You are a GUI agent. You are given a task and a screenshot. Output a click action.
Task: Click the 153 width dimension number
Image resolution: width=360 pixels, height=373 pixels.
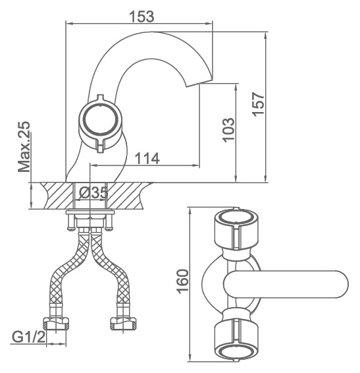tap(141, 16)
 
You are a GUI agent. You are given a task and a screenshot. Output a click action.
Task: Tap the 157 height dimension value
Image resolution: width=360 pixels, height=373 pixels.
tap(258, 104)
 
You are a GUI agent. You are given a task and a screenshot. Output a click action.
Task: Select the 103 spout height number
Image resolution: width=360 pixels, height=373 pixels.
tap(228, 130)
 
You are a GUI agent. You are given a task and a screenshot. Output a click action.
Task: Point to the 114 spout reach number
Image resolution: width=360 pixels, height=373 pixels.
tap(147, 158)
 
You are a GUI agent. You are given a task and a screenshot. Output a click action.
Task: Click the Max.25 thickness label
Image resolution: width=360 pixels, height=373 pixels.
tap(24, 146)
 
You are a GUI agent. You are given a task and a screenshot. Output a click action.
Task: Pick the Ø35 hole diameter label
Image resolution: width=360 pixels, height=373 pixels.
tap(93, 192)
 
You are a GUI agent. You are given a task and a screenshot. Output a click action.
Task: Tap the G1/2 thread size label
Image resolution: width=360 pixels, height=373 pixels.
tap(29, 337)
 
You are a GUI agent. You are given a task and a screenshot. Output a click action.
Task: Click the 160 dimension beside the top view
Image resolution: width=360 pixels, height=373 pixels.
tap(183, 281)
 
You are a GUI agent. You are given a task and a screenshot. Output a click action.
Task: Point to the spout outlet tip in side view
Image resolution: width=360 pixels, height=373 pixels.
tap(199, 82)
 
